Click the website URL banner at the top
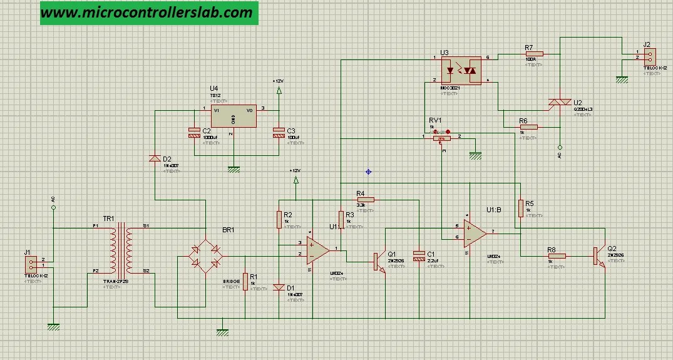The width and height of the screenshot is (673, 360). (149, 13)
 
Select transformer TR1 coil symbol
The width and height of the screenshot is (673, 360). (121, 250)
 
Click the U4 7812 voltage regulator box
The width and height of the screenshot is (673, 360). (232, 116)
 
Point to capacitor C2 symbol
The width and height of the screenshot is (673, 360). (194, 132)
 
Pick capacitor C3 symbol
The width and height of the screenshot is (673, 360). (279, 132)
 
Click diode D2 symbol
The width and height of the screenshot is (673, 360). (154, 158)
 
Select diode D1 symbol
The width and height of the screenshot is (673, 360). (279, 287)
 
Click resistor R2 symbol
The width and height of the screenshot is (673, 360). (279, 219)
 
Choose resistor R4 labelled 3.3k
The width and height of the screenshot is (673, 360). (365, 200)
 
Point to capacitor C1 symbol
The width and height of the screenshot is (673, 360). (419, 258)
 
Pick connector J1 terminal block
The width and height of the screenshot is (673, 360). (32, 262)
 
